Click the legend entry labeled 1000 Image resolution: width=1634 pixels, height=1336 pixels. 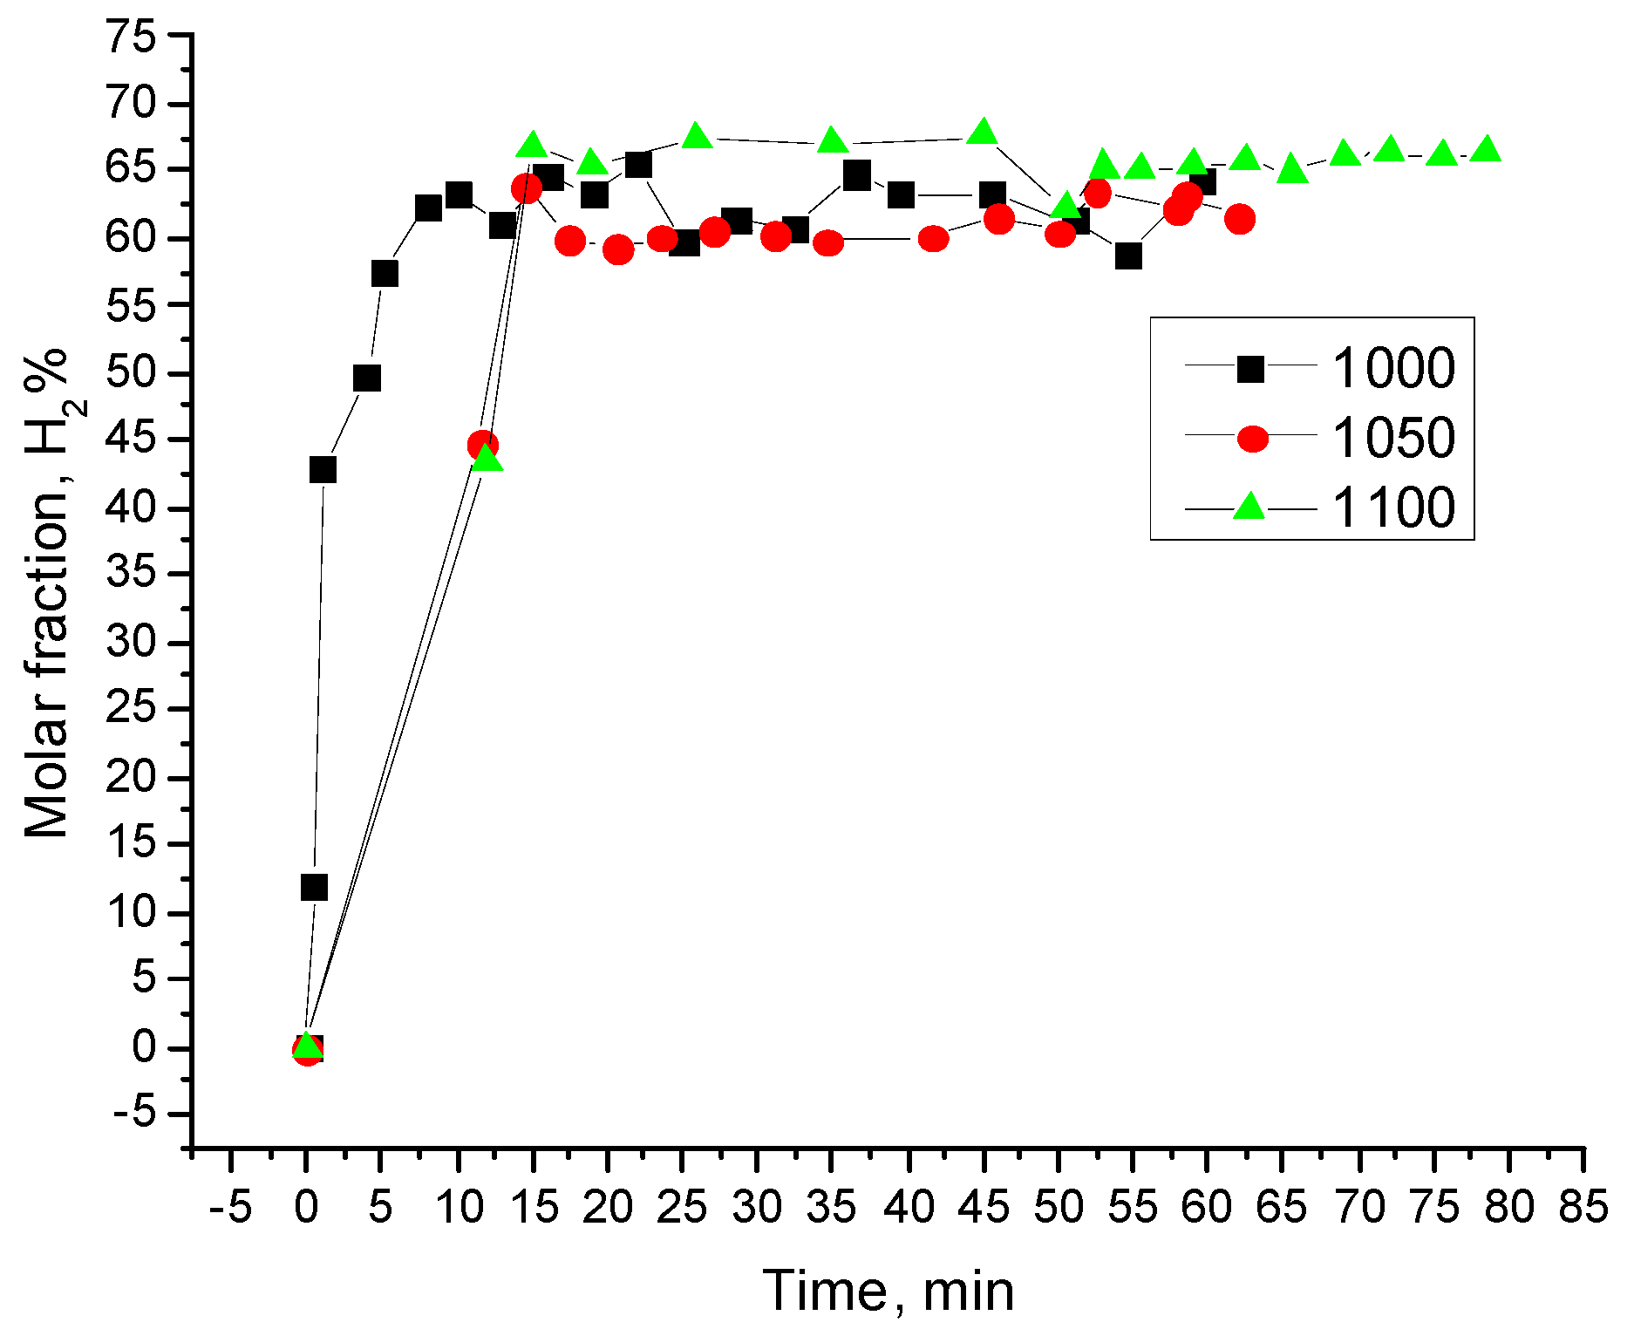coord(1393,368)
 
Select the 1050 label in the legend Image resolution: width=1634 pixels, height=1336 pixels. coord(1393,438)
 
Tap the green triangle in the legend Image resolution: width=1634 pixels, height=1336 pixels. coord(1249,506)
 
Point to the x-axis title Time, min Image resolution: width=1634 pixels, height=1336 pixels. coord(888,1291)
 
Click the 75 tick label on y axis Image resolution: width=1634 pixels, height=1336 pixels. coord(131,37)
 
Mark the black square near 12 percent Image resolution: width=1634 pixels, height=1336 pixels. coord(314,888)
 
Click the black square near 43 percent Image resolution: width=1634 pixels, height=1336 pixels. coord(323,470)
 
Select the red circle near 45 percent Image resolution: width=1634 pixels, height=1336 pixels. coord(483,446)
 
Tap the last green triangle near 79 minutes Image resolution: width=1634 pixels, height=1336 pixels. coord(1486,149)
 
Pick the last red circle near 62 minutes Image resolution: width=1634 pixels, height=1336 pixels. coord(1239,219)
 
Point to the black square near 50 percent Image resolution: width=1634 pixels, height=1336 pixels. coord(367,378)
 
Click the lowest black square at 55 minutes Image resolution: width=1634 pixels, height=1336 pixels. coord(1128,256)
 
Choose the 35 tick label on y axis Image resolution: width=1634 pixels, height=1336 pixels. coord(131,574)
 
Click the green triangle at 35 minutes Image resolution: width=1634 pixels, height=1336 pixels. coord(832,140)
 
